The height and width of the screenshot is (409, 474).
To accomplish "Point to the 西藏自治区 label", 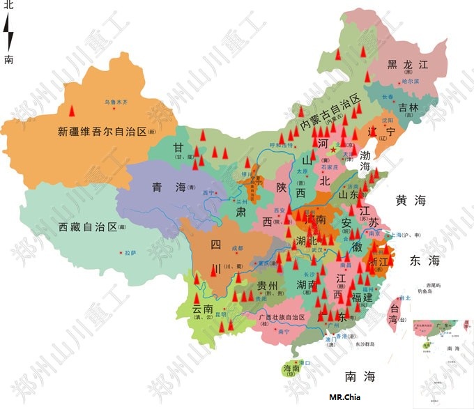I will pos(89,227).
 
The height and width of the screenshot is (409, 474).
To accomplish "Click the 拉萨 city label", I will pos(130,253).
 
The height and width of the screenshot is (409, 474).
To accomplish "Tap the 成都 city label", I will pos(237,247).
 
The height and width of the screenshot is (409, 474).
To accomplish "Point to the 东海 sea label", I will pos(425,261).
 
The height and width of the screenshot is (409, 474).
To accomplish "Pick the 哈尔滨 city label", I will pos(411,82).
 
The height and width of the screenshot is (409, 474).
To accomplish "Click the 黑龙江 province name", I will pos(410,65).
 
